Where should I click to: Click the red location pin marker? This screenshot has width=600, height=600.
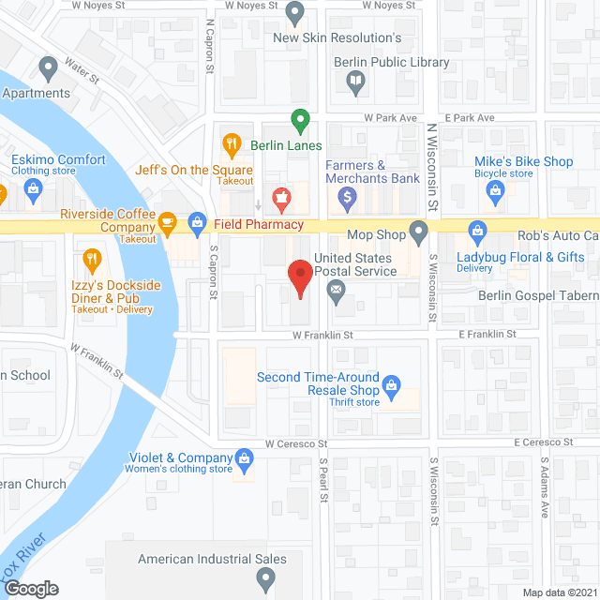[299, 277]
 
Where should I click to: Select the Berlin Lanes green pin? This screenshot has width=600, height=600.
[299, 120]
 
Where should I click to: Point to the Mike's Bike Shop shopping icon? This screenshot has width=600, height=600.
[497, 192]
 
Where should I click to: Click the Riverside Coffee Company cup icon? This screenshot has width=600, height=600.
[168, 222]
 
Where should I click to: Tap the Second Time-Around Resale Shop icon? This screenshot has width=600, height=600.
[391, 384]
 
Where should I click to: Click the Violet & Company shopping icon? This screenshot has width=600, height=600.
[245, 457]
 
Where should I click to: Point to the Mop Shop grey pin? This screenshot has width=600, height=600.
[420, 230]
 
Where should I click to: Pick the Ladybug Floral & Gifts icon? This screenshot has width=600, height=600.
[477, 230]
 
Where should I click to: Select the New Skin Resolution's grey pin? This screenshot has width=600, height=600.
[295, 14]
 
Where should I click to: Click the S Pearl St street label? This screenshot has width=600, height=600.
[322, 477]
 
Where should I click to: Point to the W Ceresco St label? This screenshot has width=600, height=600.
[294, 442]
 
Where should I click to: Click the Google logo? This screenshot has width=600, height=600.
[30, 588]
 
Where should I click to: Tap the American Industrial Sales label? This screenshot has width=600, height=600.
[212, 560]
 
